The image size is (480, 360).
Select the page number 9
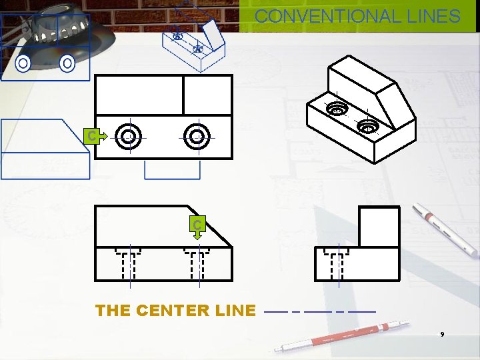tap(441, 333)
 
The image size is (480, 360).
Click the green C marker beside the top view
tap(93, 136)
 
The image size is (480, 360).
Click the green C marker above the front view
tap(197, 225)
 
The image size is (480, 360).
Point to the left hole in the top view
tap(128, 137)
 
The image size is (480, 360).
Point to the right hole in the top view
tap(197, 137)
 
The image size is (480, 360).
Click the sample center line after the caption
tap(320, 311)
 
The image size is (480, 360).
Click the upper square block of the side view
tap(379, 227)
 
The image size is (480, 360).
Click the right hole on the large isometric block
tap(367, 125)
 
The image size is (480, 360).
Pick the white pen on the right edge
tap(445, 230)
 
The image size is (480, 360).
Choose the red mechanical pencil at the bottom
tap(333, 337)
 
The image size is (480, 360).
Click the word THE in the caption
tap(113, 310)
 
